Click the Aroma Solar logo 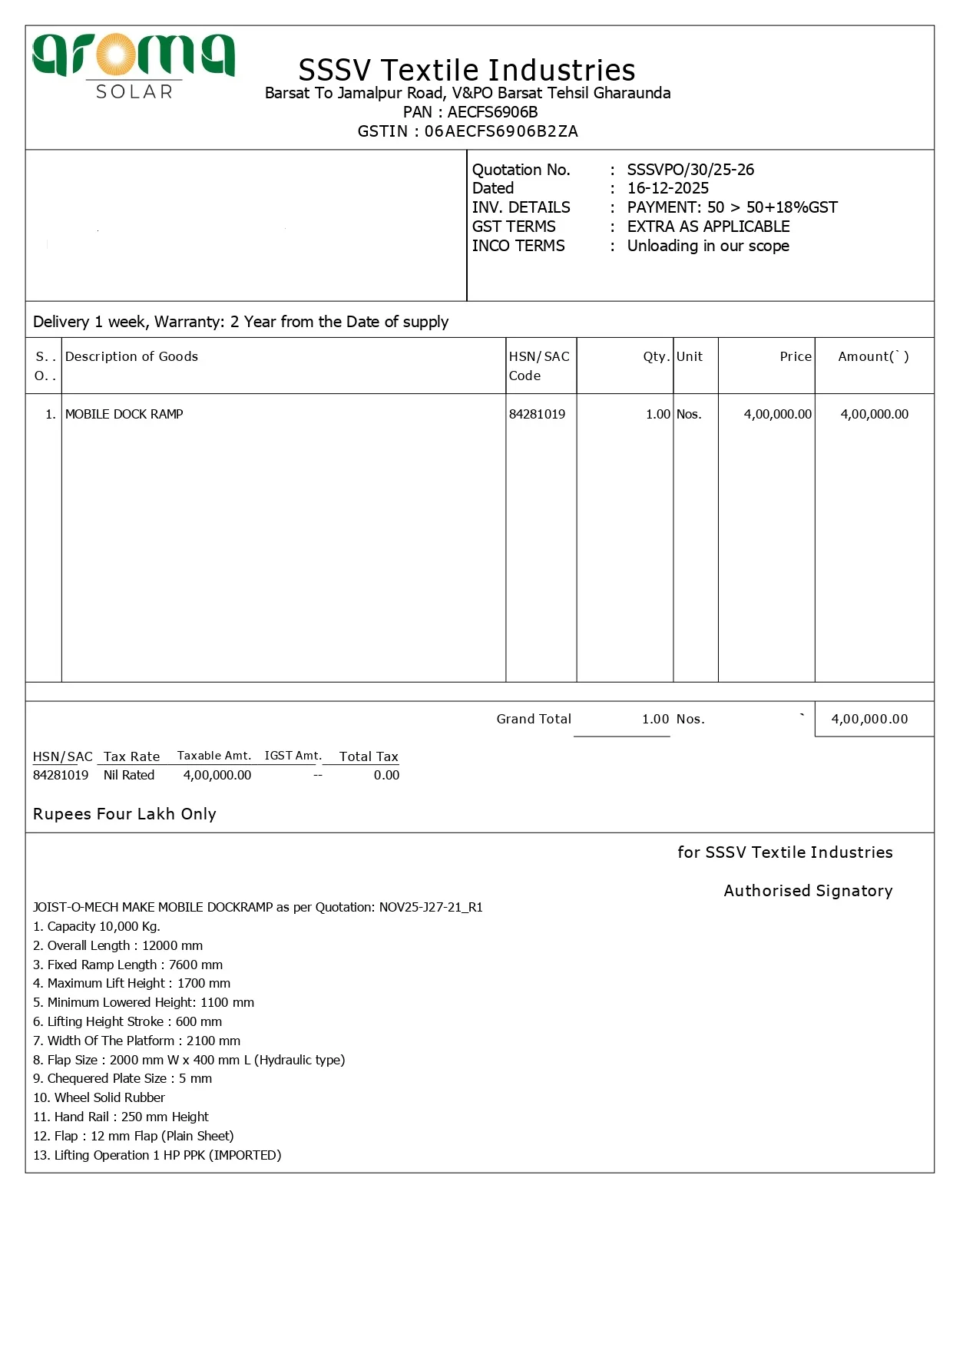134,66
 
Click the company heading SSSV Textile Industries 467,70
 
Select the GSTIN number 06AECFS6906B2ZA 501,131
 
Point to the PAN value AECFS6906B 492,112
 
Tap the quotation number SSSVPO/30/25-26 690,170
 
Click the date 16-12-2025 667,188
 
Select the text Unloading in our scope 708,246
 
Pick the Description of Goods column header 131,356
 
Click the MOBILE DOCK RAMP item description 124,414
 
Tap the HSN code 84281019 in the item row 537,414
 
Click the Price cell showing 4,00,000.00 777,414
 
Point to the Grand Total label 534,719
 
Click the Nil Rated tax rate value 129,775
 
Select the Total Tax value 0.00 386,775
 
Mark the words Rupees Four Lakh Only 124,814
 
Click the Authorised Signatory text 808,891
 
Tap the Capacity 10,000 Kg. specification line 97,926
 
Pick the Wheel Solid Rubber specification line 99,1097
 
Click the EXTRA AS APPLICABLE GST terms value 708,227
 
